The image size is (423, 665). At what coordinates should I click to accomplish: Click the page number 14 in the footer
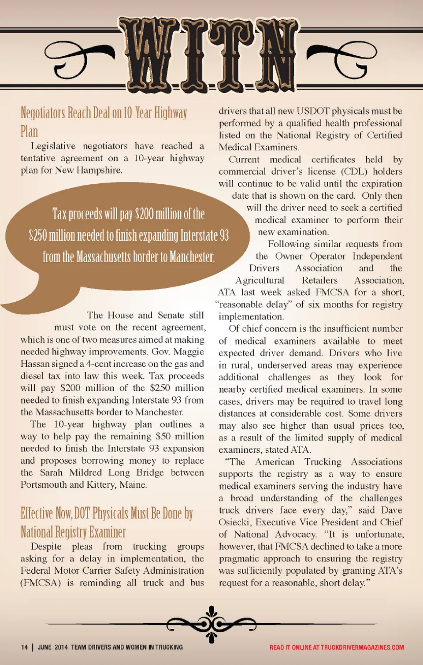click(24, 647)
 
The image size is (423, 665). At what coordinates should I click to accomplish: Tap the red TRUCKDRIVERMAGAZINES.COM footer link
click(362, 647)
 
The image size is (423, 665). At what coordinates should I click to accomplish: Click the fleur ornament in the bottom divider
click(212, 624)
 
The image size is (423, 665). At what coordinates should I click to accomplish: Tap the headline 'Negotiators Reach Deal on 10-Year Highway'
click(104, 113)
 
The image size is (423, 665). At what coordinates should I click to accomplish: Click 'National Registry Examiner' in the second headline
click(73, 532)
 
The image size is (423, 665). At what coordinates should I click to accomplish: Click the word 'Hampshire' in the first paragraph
click(99, 170)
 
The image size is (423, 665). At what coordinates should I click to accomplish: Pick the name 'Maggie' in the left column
click(189, 352)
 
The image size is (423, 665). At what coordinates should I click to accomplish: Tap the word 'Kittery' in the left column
click(102, 484)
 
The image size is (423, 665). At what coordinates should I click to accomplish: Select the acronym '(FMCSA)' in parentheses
click(41, 583)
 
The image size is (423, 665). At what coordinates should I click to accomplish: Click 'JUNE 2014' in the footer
click(52, 647)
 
